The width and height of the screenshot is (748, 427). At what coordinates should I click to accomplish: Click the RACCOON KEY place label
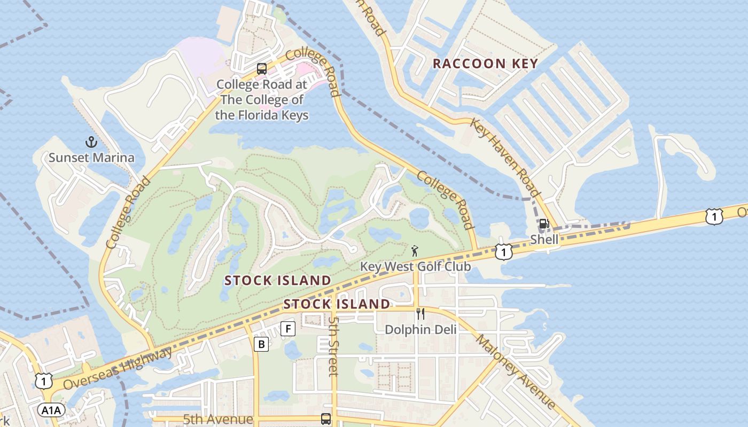point(485,64)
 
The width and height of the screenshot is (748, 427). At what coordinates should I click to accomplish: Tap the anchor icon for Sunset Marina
point(91,142)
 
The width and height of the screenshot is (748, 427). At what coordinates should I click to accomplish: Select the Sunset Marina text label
point(91,157)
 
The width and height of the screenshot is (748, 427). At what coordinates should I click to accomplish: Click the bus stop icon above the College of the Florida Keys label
point(261,68)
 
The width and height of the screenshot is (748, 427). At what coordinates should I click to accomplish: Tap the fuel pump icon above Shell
point(544,224)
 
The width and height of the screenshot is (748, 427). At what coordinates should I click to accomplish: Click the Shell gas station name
point(544,240)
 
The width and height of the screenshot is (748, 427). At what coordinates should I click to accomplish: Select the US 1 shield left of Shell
point(503,251)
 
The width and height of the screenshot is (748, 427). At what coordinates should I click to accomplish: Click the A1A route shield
point(51,410)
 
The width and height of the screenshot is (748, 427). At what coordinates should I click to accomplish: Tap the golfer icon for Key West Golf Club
point(415,250)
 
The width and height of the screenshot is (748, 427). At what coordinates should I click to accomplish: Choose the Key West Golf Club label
point(415,266)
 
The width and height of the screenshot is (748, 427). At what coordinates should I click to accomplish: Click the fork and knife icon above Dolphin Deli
point(420,313)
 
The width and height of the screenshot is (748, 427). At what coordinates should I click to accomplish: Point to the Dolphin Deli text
point(421,329)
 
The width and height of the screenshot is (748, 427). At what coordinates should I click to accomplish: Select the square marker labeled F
point(288,329)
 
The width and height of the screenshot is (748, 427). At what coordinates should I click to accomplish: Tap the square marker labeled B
point(261,344)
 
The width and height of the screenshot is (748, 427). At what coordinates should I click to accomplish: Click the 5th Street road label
point(333,345)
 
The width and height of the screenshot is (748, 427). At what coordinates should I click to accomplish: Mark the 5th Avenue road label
point(217,419)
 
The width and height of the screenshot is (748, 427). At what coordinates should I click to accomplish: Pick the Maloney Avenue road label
point(516,371)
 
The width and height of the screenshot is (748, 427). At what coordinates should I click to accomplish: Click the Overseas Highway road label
point(118,368)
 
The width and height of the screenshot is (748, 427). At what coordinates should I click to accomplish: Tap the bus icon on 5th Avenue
point(325,419)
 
